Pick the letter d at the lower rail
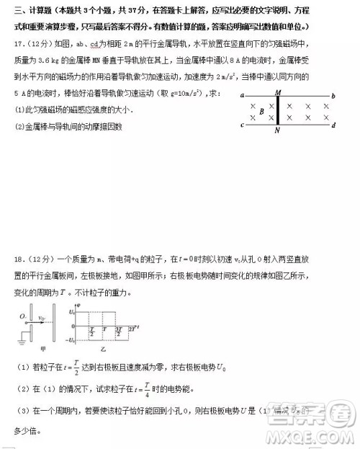pyautogui.click(x=333, y=125)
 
